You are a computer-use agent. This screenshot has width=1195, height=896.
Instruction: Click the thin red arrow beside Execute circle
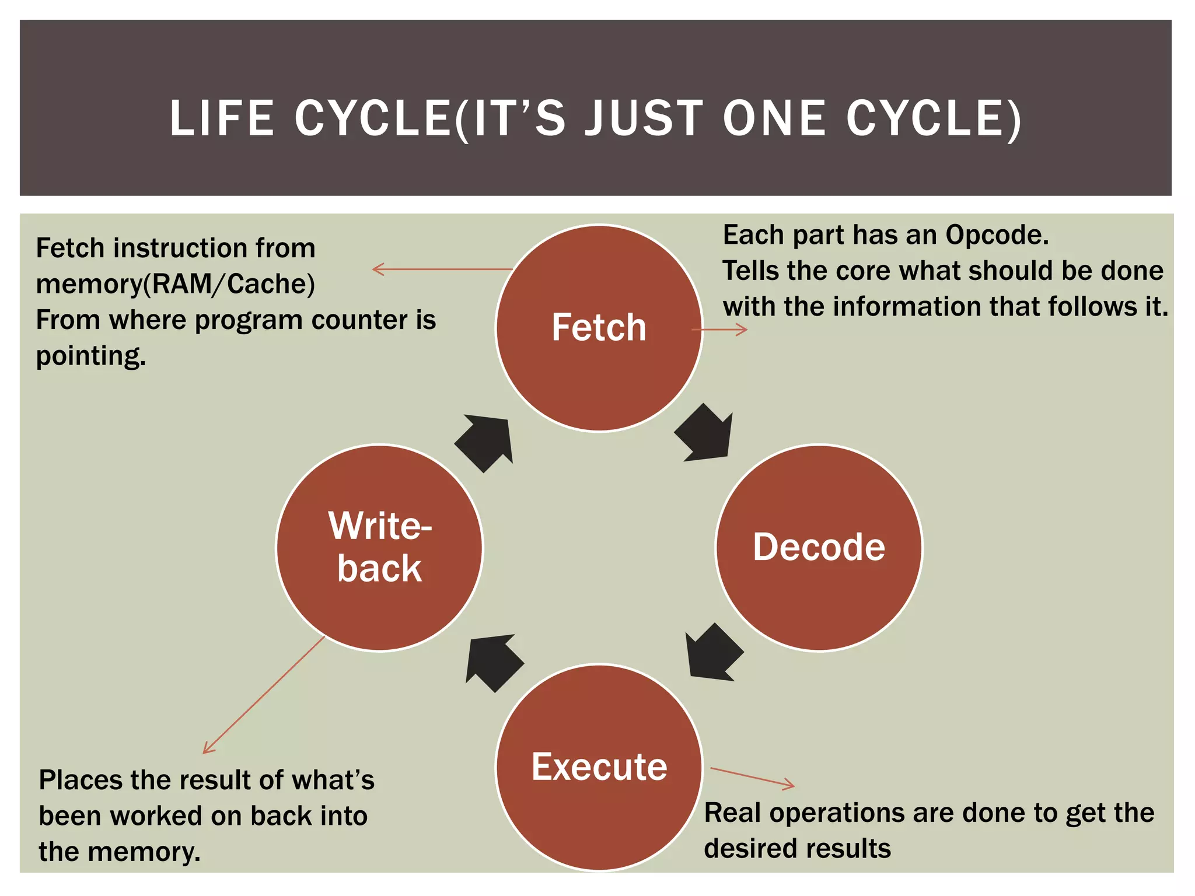click(753, 778)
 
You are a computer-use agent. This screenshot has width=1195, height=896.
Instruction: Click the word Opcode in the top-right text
click(997, 235)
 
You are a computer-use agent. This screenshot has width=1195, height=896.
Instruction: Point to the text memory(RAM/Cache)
click(175, 284)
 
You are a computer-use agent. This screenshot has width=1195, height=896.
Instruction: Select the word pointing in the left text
click(90, 356)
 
